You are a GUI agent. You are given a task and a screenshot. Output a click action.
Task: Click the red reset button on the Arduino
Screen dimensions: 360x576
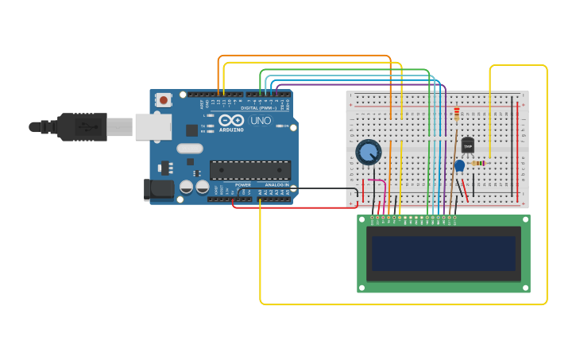164,100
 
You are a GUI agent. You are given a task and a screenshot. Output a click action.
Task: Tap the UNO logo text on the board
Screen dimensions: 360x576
261,122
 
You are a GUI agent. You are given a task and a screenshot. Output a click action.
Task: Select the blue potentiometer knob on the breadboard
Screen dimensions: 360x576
369,152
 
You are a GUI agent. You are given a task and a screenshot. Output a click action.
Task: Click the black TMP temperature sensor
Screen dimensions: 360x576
467,145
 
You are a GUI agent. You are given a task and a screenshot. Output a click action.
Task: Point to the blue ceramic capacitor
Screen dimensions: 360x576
459,165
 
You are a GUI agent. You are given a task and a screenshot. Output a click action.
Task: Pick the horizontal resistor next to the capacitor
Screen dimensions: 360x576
478,163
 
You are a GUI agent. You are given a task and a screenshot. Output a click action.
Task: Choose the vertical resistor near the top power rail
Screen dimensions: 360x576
456,114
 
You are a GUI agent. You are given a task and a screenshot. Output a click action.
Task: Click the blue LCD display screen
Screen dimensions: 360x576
443,254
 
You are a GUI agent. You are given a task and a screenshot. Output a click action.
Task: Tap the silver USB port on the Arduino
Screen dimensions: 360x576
153,126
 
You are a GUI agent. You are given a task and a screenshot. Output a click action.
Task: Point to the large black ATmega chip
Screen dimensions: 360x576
249,169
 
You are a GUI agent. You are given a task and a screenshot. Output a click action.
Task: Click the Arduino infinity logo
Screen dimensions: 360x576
231,120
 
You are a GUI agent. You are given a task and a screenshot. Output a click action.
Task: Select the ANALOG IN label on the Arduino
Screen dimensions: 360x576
276,184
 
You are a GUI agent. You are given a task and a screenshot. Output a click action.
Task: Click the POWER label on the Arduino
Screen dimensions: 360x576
242,184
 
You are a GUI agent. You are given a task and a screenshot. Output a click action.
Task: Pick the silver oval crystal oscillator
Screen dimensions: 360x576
190,148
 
